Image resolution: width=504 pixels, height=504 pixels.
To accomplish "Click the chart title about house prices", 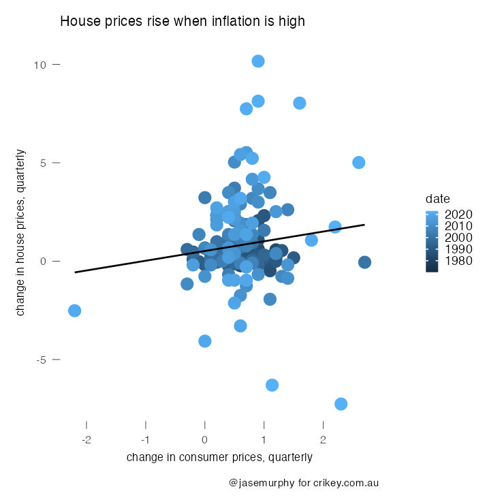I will [x=183, y=22].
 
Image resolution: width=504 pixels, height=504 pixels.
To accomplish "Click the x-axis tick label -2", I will [x=86, y=440].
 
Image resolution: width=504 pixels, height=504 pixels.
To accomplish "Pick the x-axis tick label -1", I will [x=146, y=440].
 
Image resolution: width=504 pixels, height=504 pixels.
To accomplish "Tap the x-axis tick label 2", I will [x=324, y=440].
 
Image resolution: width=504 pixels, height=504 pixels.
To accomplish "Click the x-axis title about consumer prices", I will [x=219, y=458].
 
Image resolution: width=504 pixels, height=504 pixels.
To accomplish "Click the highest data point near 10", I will [x=258, y=61].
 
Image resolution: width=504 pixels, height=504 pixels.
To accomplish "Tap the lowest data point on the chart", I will [x=341, y=404].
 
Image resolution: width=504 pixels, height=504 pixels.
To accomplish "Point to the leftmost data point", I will [x=75, y=311].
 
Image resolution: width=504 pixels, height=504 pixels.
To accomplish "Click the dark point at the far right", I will [x=364, y=262].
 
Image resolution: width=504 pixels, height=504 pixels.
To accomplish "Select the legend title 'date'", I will [x=436, y=199].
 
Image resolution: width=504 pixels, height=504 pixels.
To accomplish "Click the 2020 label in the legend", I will [x=458, y=214].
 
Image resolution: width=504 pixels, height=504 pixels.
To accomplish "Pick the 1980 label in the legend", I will [x=458, y=261].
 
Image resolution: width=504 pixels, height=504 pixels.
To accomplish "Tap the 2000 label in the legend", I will [x=458, y=238].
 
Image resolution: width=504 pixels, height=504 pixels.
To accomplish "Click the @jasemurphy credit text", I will [x=304, y=483].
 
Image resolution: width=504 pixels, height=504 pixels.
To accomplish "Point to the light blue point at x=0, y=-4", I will [x=205, y=341].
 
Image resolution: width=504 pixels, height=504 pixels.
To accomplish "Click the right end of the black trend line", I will [x=364, y=225].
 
